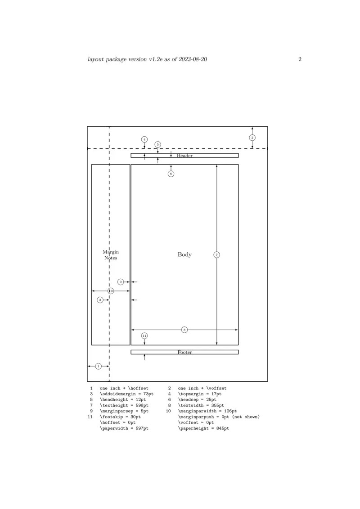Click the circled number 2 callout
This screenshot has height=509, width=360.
(x=252, y=138)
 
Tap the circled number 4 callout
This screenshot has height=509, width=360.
(x=144, y=139)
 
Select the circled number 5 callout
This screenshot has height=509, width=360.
(x=157, y=144)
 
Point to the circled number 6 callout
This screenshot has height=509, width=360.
(x=171, y=174)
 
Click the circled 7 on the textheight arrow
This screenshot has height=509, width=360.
(x=217, y=255)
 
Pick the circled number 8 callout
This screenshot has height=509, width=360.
(x=184, y=330)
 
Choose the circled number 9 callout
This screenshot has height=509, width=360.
(x=121, y=282)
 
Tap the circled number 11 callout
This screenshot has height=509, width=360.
(x=144, y=335)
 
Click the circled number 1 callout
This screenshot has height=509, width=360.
(x=99, y=366)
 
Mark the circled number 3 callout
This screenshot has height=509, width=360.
(x=100, y=300)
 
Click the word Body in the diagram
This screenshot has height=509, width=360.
(x=184, y=254)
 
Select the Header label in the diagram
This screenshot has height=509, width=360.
(x=184, y=156)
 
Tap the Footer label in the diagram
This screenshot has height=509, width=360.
(x=184, y=352)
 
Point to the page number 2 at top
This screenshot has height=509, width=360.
(x=300, y=59)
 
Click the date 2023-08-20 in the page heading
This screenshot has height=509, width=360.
(x=193, y=59)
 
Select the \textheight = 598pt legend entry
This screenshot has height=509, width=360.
(x=124, y=406)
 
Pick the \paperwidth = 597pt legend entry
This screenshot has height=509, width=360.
(x=124, y=428)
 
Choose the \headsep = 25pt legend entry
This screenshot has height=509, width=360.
(x=197, y=400)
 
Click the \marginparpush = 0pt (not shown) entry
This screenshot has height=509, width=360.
(x=219, y=417)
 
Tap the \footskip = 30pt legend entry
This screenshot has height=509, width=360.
(x=120, y=417)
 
